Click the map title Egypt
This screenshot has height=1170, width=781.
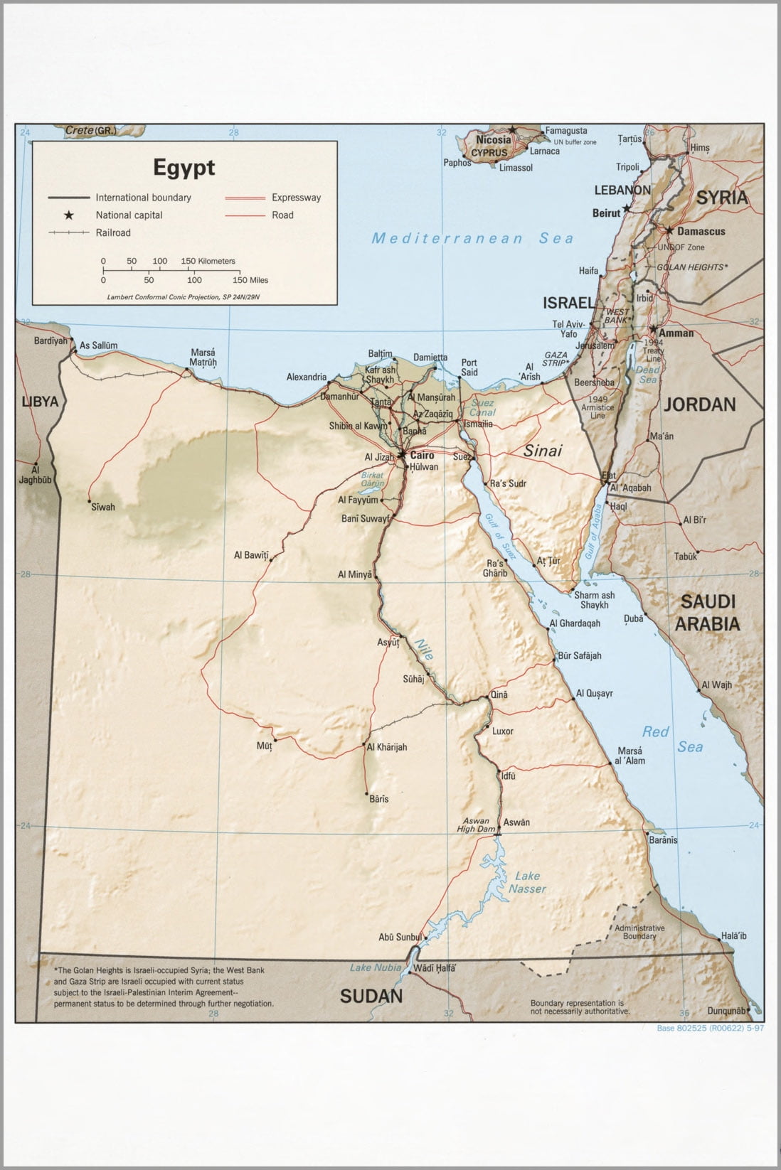point(184,168)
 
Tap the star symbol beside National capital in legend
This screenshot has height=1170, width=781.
point(69,215)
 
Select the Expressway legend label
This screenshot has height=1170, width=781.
point(296,198)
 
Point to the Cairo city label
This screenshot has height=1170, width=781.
point(422,456)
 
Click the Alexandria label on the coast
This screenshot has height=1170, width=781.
point(307,377)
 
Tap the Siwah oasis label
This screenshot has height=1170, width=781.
point(102,507)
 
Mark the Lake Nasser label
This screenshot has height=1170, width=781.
point(528,882)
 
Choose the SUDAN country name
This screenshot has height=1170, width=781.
point(371,996)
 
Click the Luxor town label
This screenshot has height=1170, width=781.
point(502,731)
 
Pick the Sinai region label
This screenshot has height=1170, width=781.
point(543,451)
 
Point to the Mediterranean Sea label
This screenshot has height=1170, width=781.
point(472,239)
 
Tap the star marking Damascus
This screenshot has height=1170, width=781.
point(669,230)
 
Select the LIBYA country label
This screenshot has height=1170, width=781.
point(40,402)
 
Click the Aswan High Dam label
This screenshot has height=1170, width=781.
point(477,825)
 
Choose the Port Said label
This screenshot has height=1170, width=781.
point(469,367)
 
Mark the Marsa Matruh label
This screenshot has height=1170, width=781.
point(203,358)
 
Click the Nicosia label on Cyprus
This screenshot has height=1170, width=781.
point(494,140)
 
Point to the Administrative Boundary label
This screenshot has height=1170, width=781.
point(639,932)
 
